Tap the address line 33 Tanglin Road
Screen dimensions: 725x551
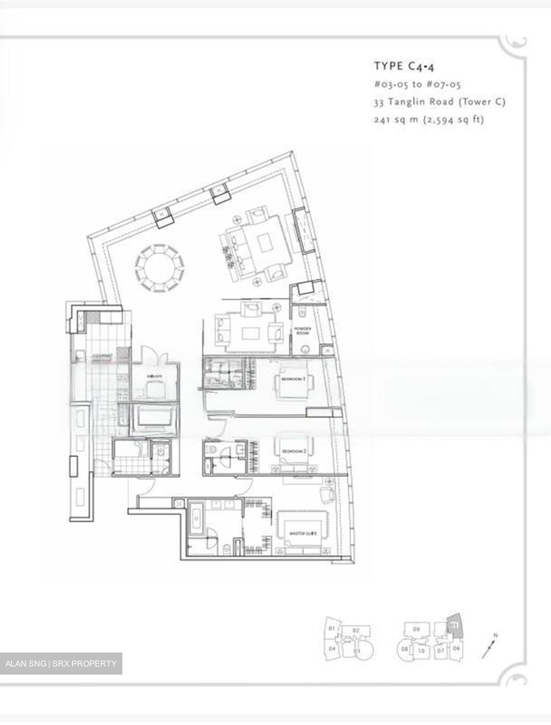[439, 102]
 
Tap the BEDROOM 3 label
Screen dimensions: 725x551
[294, 380]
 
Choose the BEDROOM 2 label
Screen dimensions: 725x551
[294, 452]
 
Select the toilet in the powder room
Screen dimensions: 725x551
[303, 314]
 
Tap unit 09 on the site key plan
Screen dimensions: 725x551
[417, 629]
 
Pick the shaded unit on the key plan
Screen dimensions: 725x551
[454, 625]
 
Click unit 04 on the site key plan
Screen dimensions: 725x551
[332, 649]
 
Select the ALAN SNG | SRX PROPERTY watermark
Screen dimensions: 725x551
[61, 663]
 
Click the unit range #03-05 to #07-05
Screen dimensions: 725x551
[418, 84]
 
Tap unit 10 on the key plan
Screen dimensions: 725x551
[422, 650]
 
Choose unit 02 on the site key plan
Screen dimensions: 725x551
[356, 630]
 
